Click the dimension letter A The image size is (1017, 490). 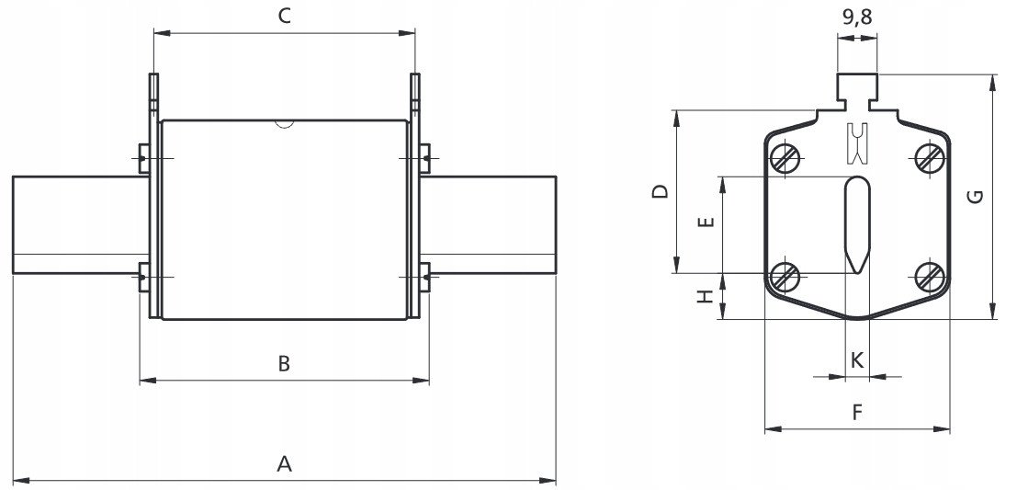point(284,464)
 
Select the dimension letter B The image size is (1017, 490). point(284,364)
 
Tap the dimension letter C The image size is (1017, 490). point(285,17)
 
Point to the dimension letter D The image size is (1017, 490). point(661,192)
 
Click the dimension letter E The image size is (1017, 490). point(706,222)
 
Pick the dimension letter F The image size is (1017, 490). point(857,412)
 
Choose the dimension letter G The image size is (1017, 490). point(977,196)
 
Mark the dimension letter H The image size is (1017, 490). point(706,297)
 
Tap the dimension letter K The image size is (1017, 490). point(857,360)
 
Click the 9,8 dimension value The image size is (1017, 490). point(857,17)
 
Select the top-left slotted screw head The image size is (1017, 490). point(785,156)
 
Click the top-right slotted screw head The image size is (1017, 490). point(931,156)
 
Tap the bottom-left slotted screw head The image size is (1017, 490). point(785,277)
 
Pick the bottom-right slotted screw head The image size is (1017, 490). point(931,277)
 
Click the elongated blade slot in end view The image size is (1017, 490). point(857,224)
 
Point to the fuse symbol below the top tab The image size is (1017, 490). point(857,142)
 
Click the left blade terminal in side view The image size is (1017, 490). point(81,224)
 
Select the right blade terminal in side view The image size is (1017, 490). point(489,224)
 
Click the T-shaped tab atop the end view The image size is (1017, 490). point(857,92)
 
